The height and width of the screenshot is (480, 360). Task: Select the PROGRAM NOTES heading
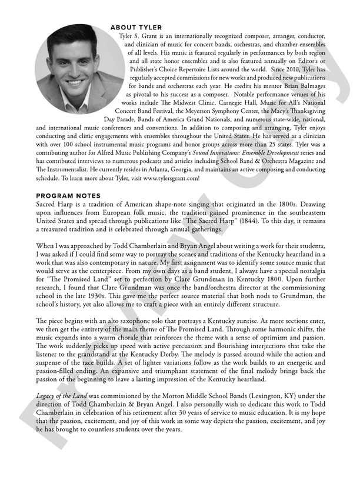[68, 196]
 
